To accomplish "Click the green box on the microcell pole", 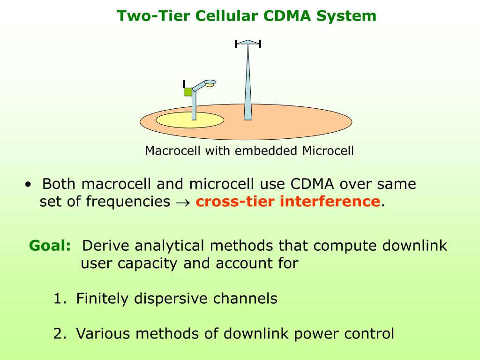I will [188, 92].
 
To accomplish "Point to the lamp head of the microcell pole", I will [210, 83].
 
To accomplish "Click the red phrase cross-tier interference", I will [288, 202].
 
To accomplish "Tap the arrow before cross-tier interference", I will [183, 202].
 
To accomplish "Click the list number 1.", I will [59, 299].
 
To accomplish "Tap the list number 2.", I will [59, 334].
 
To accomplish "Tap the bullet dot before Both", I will [29, 185].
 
